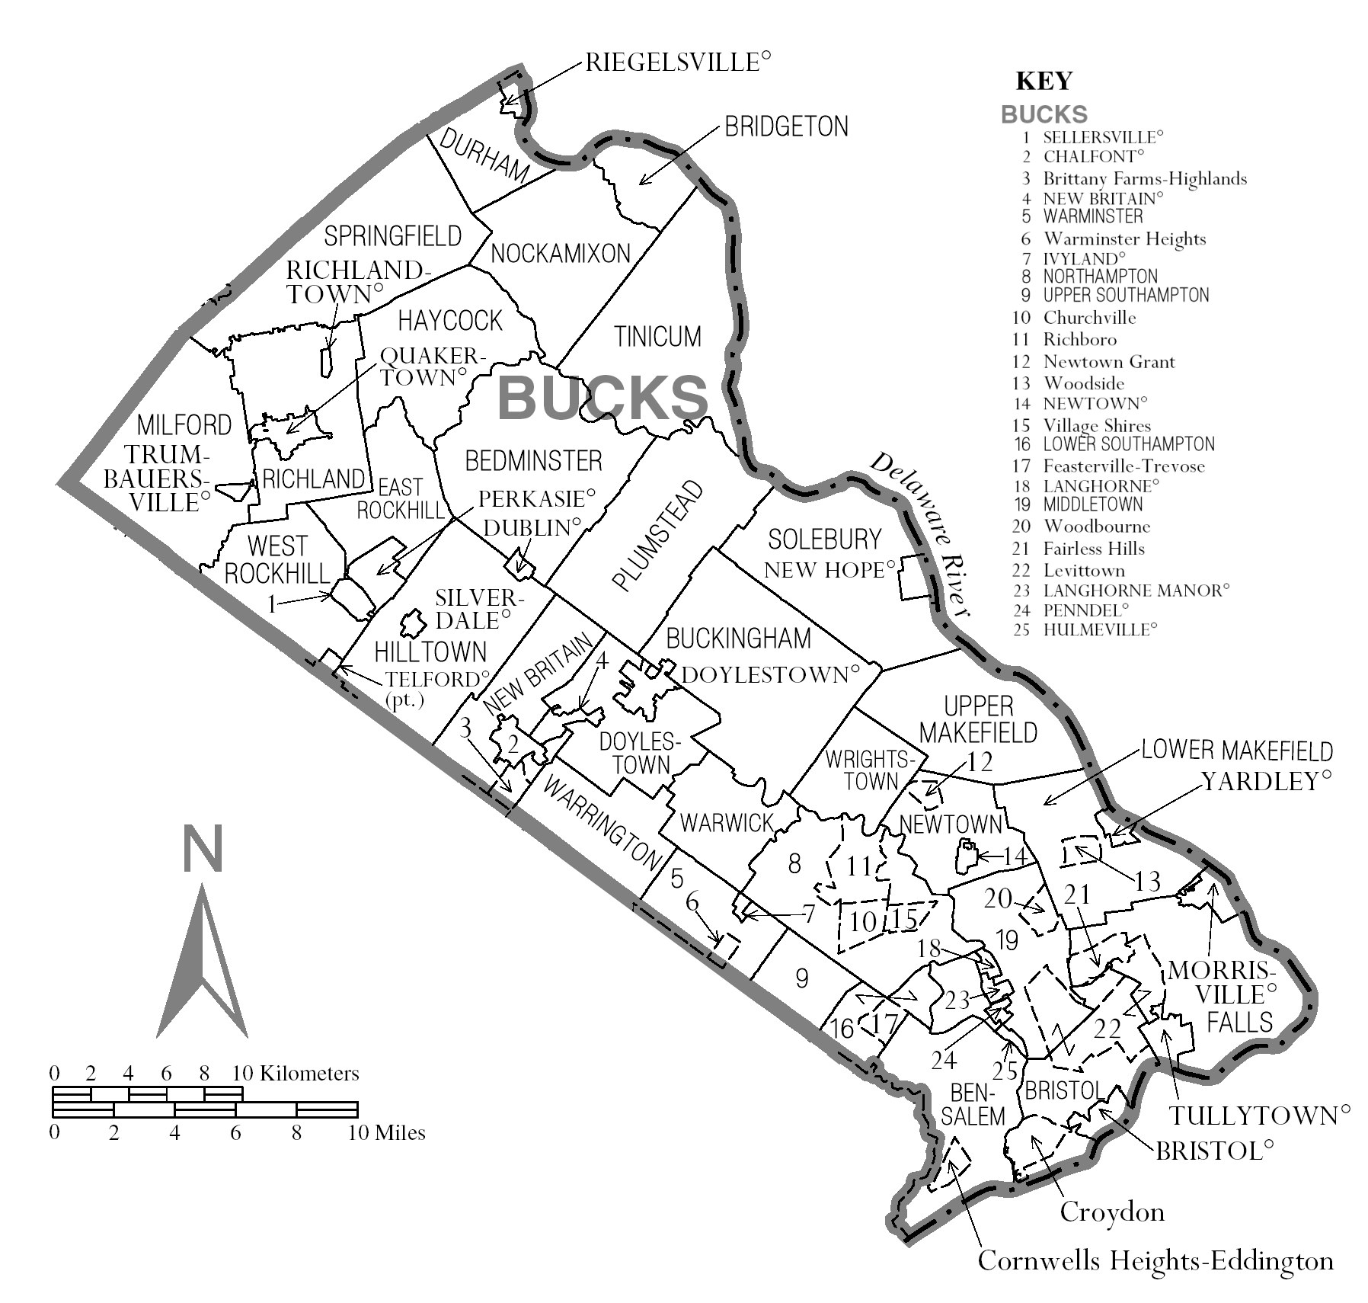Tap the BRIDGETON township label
coord(786,126)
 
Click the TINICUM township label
coord(658,336)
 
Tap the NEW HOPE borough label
coord(829,570)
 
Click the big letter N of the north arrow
coord(203,849)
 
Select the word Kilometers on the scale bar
coord(308,1074)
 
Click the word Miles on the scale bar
coord(400,1132)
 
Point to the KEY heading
coord(1044,81)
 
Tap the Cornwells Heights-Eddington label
coord(1155,1260)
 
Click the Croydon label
coord(1112,1212)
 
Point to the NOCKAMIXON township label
coord(561,253)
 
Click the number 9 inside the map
coord(801,978)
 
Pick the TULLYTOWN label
coord(1254,1116)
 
